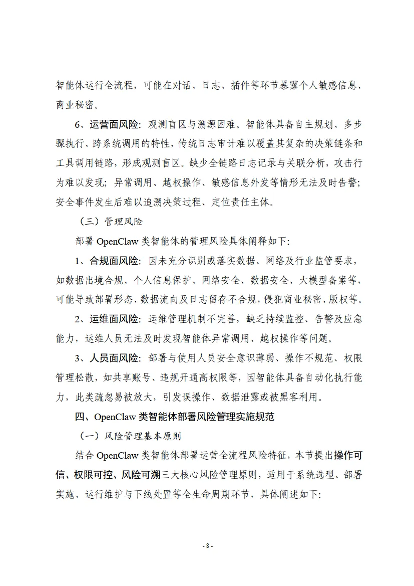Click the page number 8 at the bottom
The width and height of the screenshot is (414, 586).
[x=207, y=545]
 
